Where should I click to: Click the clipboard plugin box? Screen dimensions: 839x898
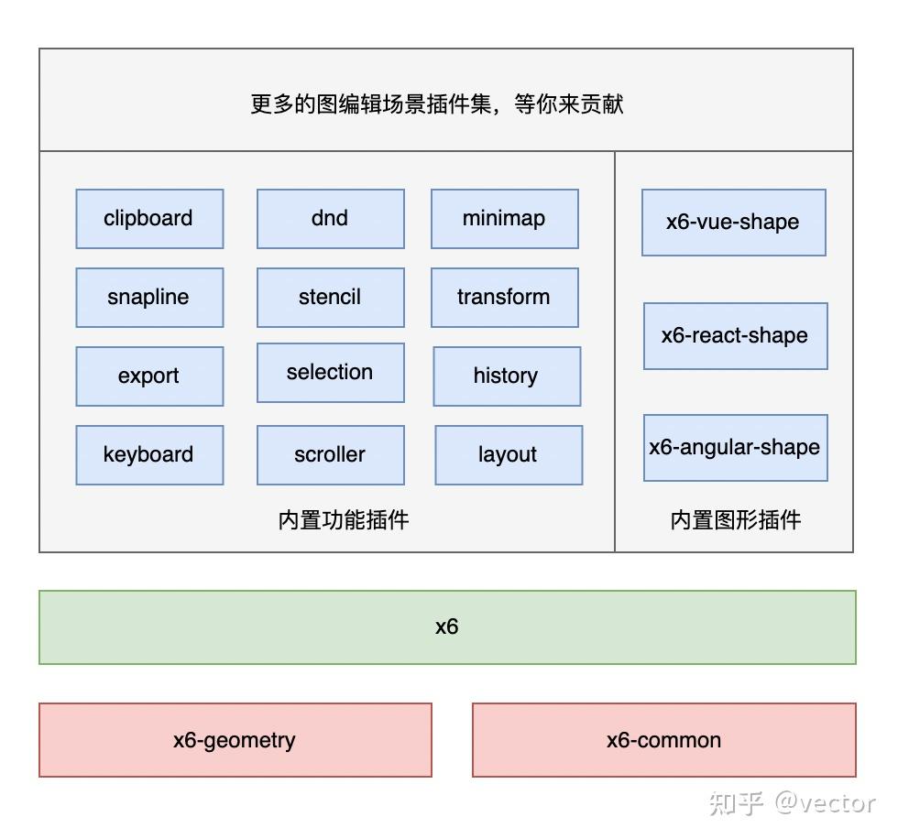[x=149, y=219]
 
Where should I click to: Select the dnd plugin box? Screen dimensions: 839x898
[x=330, y=219]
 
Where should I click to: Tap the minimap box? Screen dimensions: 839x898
[x=504, y=219]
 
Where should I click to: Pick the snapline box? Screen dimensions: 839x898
[x=149, y=298]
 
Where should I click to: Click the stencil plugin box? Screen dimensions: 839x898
[x=330, y=298]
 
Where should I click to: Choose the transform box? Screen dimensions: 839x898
[x=504, y=298]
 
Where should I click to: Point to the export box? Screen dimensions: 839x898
[x=149, y=376]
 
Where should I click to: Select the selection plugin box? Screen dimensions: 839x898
[x=330, y=373]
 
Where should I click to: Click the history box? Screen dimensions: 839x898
[x=506, y=376]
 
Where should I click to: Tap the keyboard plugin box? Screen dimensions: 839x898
[x=149, y=455]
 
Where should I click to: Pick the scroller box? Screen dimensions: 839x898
[x=330, y=455]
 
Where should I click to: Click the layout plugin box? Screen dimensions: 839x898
[x=508, y=455]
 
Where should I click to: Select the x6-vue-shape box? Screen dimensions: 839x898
[x=733, y=223]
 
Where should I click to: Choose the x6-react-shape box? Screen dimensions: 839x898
[x=735, y=336]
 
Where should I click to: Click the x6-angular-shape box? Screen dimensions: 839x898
[x=735, y=448]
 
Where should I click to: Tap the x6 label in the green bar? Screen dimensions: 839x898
[x=446, y=627]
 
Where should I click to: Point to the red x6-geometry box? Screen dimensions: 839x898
[x=235, y=740]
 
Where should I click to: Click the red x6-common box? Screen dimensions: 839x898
[x=663, y=740]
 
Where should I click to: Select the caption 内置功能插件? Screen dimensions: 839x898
[x=344, y=520]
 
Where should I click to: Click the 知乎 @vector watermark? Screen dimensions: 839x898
[x=792, y=803]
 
